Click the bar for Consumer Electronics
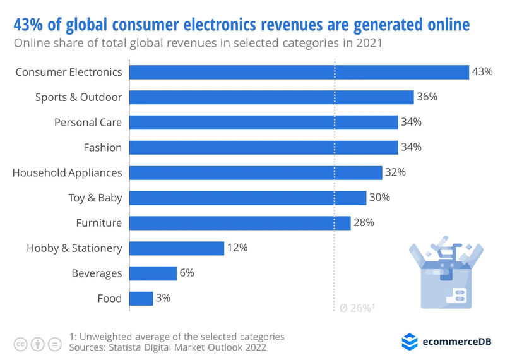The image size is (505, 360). point(299,72)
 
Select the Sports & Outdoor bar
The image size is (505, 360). point(271,97)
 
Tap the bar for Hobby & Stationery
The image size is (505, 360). point(177,248)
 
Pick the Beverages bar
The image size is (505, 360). point(153,273)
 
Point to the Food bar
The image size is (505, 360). point(141,299)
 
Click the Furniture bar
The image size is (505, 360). point(240,223)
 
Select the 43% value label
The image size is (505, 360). point(482,71)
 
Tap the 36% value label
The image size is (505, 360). point(427,97)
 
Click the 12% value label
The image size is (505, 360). point(237,248)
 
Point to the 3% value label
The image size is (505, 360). point(163,298)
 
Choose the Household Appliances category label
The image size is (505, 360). point(68,173)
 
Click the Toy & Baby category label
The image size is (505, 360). point(95,198)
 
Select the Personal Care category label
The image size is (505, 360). point(88,123)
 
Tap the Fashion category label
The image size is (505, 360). point(103,148)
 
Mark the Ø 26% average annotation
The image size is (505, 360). point(357,308)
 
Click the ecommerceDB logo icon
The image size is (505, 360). point(410,342)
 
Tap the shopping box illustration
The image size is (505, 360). point(446,272)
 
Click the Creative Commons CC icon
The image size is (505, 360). point(21,344)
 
